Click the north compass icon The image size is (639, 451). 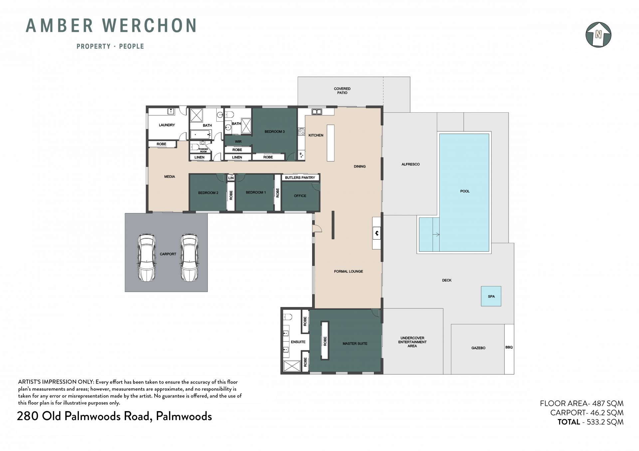pos(598,35)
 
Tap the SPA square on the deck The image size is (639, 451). pos(491,296)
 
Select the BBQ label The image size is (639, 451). pos(509,347)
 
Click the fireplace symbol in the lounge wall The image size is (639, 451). pos(377,233)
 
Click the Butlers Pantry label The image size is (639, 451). pos(300,177)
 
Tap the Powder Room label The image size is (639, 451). pos(203,150)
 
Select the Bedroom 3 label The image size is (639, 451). pos(275,132)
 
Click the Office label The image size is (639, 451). pos(300,196)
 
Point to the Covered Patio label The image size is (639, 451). pos(342,91)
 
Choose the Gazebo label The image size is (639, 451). pos(478,348)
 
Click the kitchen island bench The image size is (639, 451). pos(330,143)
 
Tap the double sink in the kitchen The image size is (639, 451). pos(317,112)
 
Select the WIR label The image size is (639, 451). pos(238,142)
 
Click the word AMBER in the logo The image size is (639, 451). pos(60,26)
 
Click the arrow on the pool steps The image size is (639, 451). pos(436,235)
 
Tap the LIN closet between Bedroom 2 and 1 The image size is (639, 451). pos(231,178)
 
